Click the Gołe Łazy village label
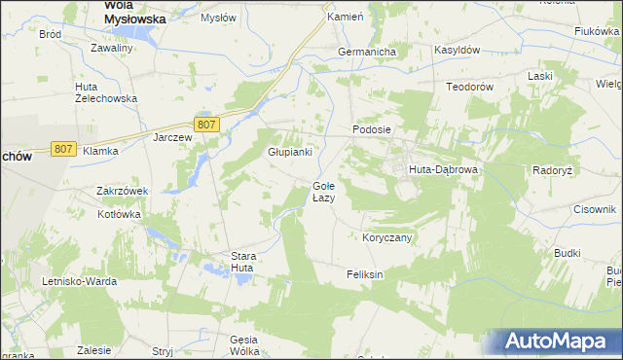pos(323,192)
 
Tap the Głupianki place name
pos(289,152)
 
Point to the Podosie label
pos(371,129)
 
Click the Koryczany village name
pos(387,237)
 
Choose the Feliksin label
pos(365,275)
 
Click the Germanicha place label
pos(364,52)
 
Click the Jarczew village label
pos(172,137)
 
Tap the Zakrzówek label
pos(121,191)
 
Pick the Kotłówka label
pos(119,215)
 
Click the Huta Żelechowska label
pos(106,91)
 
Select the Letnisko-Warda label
pos(80,281)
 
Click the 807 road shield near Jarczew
pos(206,125)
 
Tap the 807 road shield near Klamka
pos(63,149)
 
